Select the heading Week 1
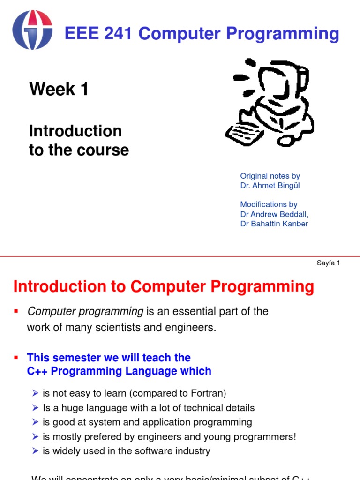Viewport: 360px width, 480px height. pyautogui.click(x=59, y=89)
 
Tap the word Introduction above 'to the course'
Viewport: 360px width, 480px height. pyautogui.click(x=75, y=131)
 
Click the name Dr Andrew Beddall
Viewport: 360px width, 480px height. pyautogui.click(x=274, y=214)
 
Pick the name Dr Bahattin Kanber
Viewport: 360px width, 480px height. pyautogui.click(x=274, y=224)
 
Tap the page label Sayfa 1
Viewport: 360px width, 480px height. pyautogui.click(x=328, y=263)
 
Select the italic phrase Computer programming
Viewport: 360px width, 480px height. pyautogui.click(x=85, y=311)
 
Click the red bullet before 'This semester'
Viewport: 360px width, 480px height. pyautogui.click(x=15, y=357)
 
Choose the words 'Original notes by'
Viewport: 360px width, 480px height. pyautogui.click(x=270, y=176)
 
